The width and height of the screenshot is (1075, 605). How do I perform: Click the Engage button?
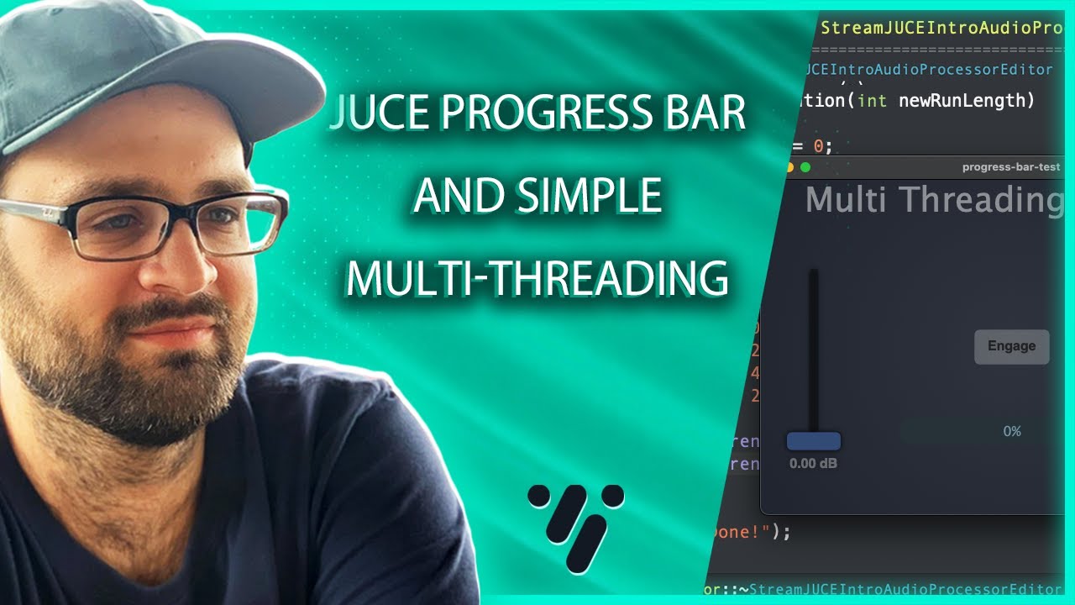click(x=1011, y=346)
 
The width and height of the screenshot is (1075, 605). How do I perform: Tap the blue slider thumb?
click(x=813, y=441)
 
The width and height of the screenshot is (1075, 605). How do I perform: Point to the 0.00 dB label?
click(x=813, y=464)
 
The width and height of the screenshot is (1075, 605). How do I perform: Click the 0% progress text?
click(x=1011, y=431)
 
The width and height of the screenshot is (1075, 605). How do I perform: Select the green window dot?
click(x=805, y=167)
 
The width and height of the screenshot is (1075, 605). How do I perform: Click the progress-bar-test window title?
click(x=1011, y=167)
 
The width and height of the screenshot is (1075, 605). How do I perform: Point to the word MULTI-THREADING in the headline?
click(x=537, y=279)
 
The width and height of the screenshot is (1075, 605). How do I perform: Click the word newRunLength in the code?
click(x=967, y=101)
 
